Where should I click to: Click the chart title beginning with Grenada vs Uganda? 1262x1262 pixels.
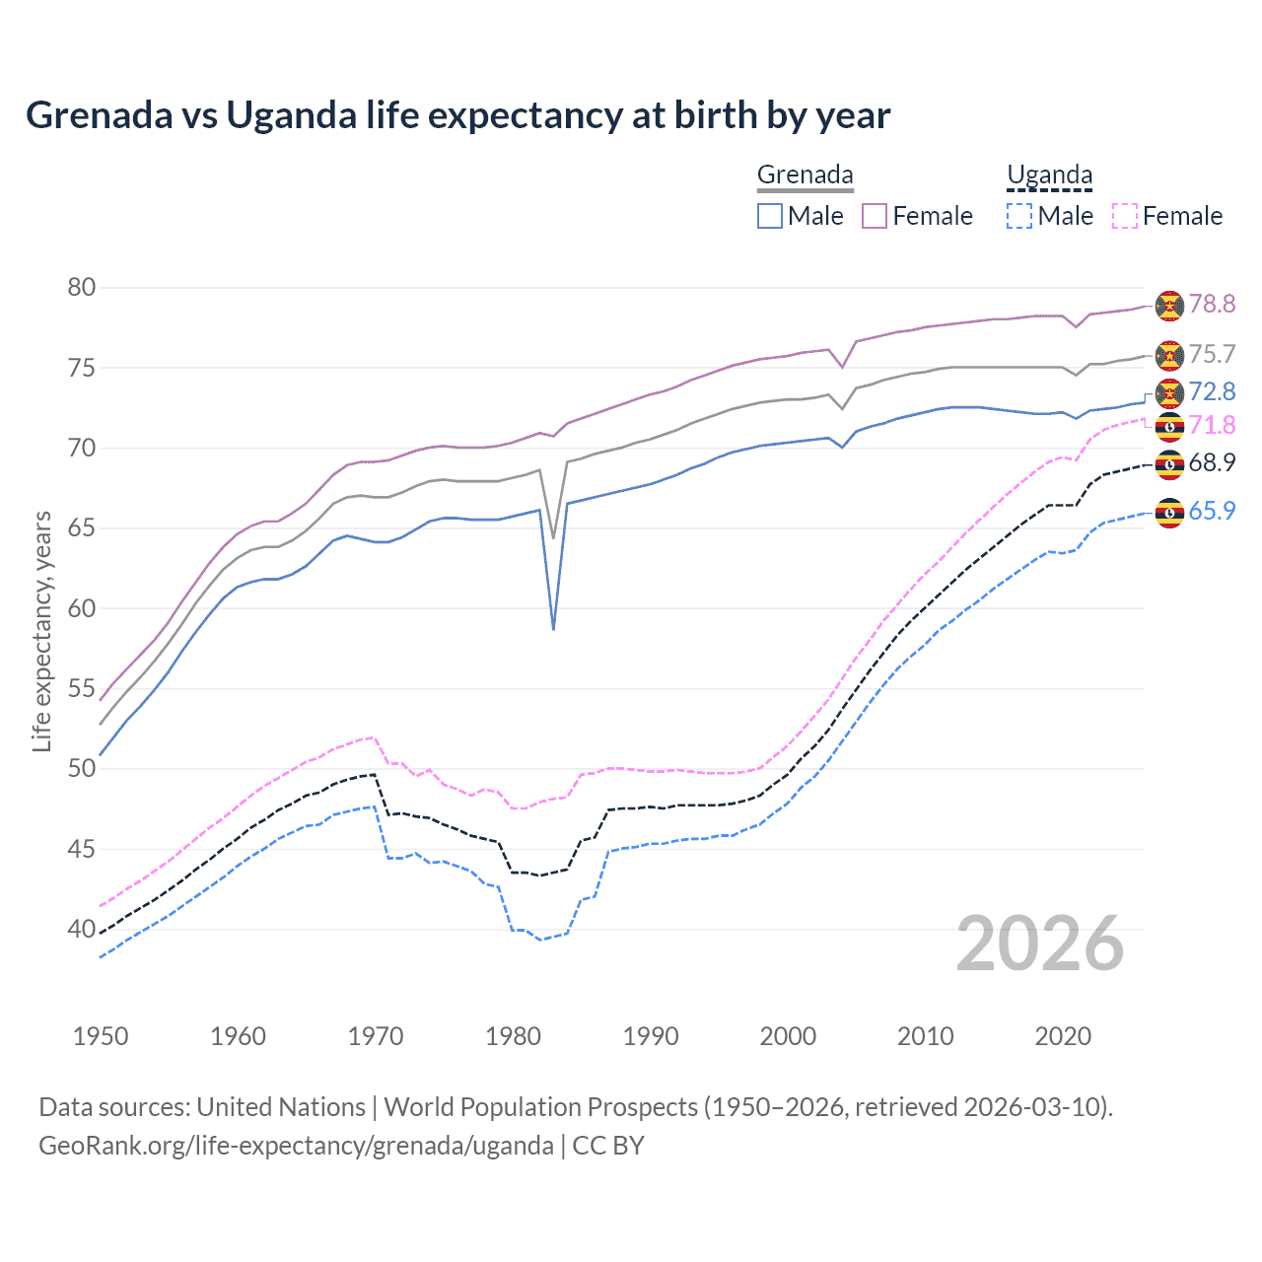tap(457, 115)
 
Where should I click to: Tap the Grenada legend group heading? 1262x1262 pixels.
tap(805, 175)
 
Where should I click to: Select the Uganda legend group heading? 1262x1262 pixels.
tap(1049, 175)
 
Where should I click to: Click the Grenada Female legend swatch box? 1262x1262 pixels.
tap(875, 216)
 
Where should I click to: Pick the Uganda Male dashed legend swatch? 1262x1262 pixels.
tap(1019, 216)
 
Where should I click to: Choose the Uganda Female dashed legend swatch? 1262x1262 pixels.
tap(1125, 216)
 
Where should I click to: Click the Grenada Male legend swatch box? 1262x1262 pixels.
tap(770, 216)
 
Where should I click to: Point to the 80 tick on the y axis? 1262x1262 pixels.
tap(81, 288)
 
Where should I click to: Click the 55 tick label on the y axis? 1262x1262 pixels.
tap(81, 688)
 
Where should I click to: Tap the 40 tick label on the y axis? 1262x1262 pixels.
tap(81, 929)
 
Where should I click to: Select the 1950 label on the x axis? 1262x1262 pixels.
tap(101, 1036)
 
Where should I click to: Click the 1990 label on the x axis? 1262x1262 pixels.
tap(651, 1036)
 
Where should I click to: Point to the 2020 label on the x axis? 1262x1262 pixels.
tap(1063, 1036)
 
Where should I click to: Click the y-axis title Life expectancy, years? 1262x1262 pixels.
tap(41, 631)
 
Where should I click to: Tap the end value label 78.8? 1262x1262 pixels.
tap(1212, 305)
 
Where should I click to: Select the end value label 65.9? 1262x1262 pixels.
tap(1212, 511)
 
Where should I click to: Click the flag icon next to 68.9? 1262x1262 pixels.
tap(1169, 463)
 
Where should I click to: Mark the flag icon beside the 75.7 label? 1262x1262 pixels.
tap(1169, 355)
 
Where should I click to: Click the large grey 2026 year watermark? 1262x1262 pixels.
tap(1040, 944)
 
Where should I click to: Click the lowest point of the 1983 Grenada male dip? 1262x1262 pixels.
tap(553, 629)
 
